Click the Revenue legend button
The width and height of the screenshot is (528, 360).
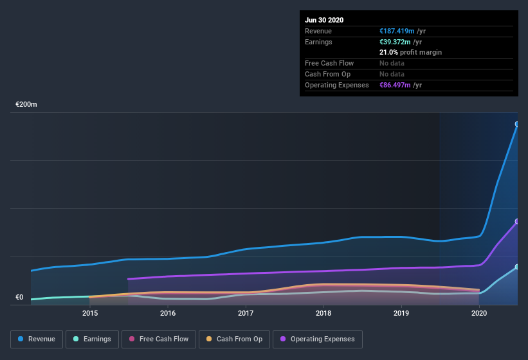(37, 339)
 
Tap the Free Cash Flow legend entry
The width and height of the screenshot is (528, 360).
(158, 339)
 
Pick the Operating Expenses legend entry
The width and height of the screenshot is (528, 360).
(317, 339)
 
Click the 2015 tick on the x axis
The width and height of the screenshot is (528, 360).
(90, 314)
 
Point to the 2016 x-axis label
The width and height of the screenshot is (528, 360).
(168, 314)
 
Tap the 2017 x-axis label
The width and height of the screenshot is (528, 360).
(246, 314)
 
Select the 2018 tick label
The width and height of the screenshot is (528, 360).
(323, 314)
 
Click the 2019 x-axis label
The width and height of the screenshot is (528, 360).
(401, 314)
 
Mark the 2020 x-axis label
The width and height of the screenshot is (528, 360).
(479, 314)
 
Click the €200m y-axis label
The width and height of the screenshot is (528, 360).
(26, 104)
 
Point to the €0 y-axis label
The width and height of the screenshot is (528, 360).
(19, 297)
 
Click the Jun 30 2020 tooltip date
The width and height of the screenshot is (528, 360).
(324, 20)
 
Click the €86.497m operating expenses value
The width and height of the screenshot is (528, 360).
(395, 85)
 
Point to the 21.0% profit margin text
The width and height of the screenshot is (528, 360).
(410, 52)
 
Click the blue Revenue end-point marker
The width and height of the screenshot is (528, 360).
(517, 124)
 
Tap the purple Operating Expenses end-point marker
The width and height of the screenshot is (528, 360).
(517, 221)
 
